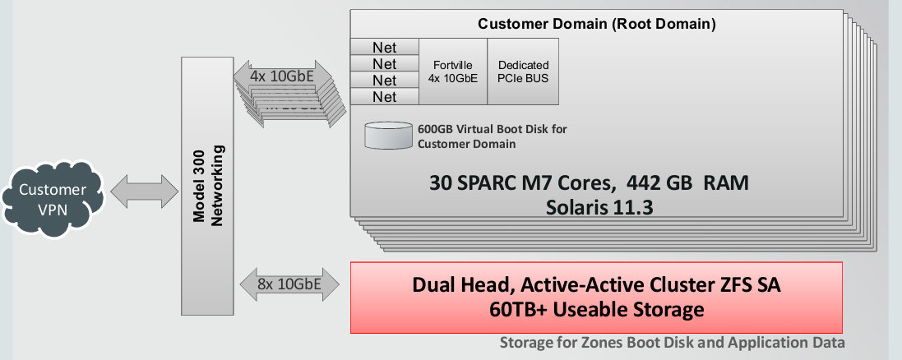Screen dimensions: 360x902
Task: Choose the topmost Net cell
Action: [x=384, y=47]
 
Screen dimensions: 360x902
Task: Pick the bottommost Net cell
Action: [x=384, y=97]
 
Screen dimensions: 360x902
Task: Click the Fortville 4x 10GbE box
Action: [x=453, y=72]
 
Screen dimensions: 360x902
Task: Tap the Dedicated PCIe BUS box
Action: [x=523, y=72]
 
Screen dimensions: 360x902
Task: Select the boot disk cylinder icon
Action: [x=389, y=136]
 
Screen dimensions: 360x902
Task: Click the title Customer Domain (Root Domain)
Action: [x=597, y=24]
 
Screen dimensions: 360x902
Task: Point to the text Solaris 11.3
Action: [x=599, y=206]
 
